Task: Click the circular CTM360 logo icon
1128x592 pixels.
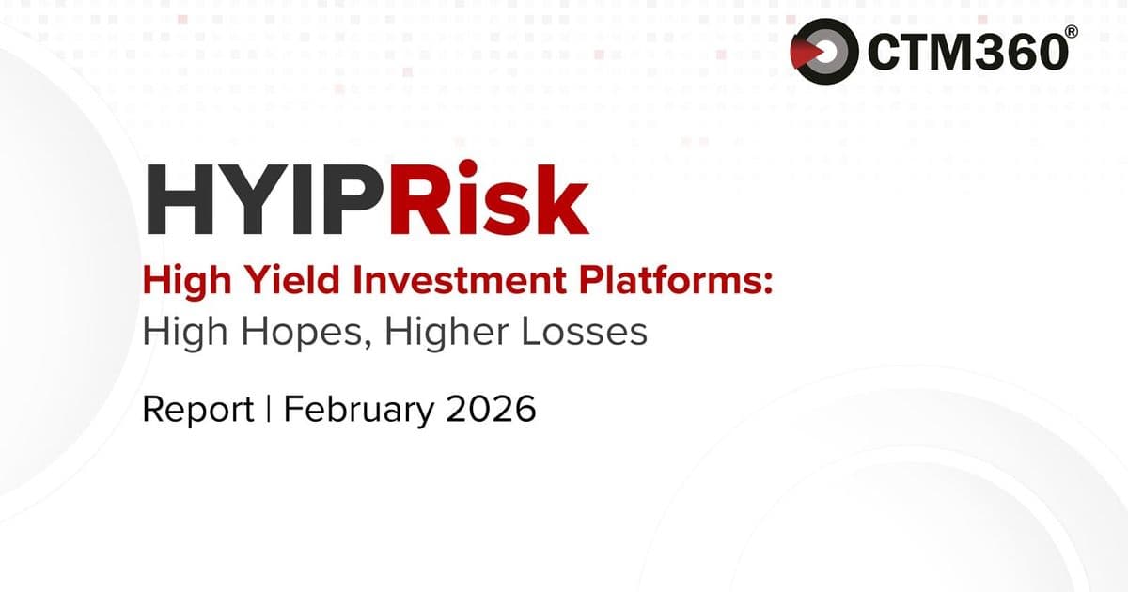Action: point(824,51)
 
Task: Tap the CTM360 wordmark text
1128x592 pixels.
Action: point(967,53)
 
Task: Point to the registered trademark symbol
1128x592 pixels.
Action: point(1071,32)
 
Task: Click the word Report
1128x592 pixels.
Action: point(198,411)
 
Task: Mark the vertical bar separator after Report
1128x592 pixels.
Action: point(269,410)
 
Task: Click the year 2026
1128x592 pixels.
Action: point(493,410)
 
